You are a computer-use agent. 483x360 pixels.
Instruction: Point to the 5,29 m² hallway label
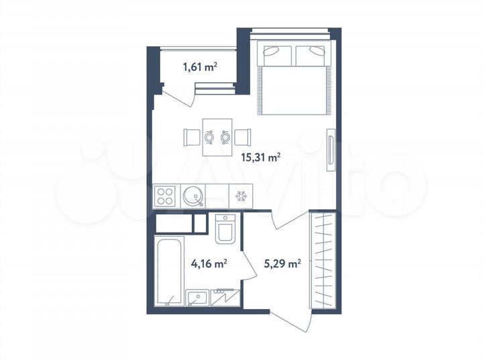point(280,264)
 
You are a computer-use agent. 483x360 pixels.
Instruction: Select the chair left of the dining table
point(191,137)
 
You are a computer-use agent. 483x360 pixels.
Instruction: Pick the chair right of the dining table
point(243,137)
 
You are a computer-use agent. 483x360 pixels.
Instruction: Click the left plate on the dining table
point(209,137)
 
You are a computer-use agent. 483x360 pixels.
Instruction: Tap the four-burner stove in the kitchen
point(164,196)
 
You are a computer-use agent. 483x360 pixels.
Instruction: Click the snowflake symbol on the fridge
point(240,196)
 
